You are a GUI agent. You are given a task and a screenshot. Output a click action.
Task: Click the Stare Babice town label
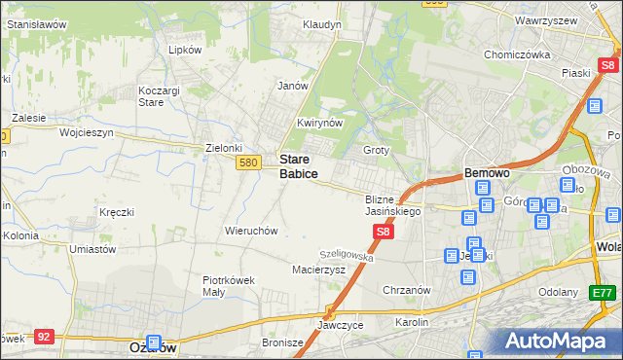(x=298, y=165)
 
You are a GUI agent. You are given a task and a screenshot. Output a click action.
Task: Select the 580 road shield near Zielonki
(x=247, y=162)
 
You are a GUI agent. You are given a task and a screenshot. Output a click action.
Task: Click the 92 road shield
(x=43, y=336)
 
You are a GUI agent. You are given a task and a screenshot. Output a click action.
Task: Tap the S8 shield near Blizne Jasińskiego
(x=384, y=232)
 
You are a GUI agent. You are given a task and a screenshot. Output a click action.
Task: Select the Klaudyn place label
(x=321, y=24)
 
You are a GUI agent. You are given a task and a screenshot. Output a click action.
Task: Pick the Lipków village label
(x=185, y=50)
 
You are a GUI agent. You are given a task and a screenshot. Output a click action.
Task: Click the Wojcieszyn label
(x=87, y=131)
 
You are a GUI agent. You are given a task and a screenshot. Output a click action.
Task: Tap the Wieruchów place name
(x=252, y=232)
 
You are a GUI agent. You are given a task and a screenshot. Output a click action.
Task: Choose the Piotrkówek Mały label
(x=229, y=285)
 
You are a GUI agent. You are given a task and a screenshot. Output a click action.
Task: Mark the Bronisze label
(x=283, y=342)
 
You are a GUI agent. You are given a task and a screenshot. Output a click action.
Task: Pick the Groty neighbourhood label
(x=376, y=151)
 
